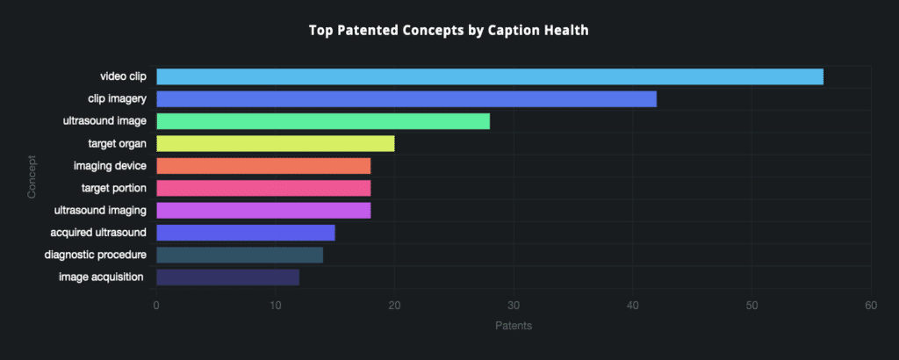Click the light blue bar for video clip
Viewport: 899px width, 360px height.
[x=489, y=76]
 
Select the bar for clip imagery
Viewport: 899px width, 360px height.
[x=406, y=99]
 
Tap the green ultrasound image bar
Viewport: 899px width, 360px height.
[x=322, y=121]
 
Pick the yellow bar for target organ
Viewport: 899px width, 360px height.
[x=275, y=143]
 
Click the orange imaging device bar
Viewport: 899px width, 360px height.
[x=263, y=166]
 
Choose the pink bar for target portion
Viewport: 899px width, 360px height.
[x=263, y=188]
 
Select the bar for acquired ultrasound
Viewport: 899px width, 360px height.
[x=245, y=233]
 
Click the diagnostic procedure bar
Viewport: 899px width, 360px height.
[x=239, y=255]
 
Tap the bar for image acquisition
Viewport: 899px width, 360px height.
[x=227, y=277]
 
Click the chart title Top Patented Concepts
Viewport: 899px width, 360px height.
[x=449, y=31]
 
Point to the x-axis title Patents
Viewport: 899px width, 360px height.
[x=514, y=326]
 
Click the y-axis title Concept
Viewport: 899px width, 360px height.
[x=32, y=177]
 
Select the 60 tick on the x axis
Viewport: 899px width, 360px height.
[x=871, y=306]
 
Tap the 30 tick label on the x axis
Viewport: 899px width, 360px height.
[x=514, y=306]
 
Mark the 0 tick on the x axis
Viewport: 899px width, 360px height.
[x=156, y=306]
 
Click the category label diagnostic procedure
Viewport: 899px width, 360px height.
[x=96, y=256]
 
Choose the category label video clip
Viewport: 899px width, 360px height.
[x=123, y=76]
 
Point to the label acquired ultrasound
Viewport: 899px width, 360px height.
[x=100, y=233]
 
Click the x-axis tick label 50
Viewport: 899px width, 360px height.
[x=752, y=306]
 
